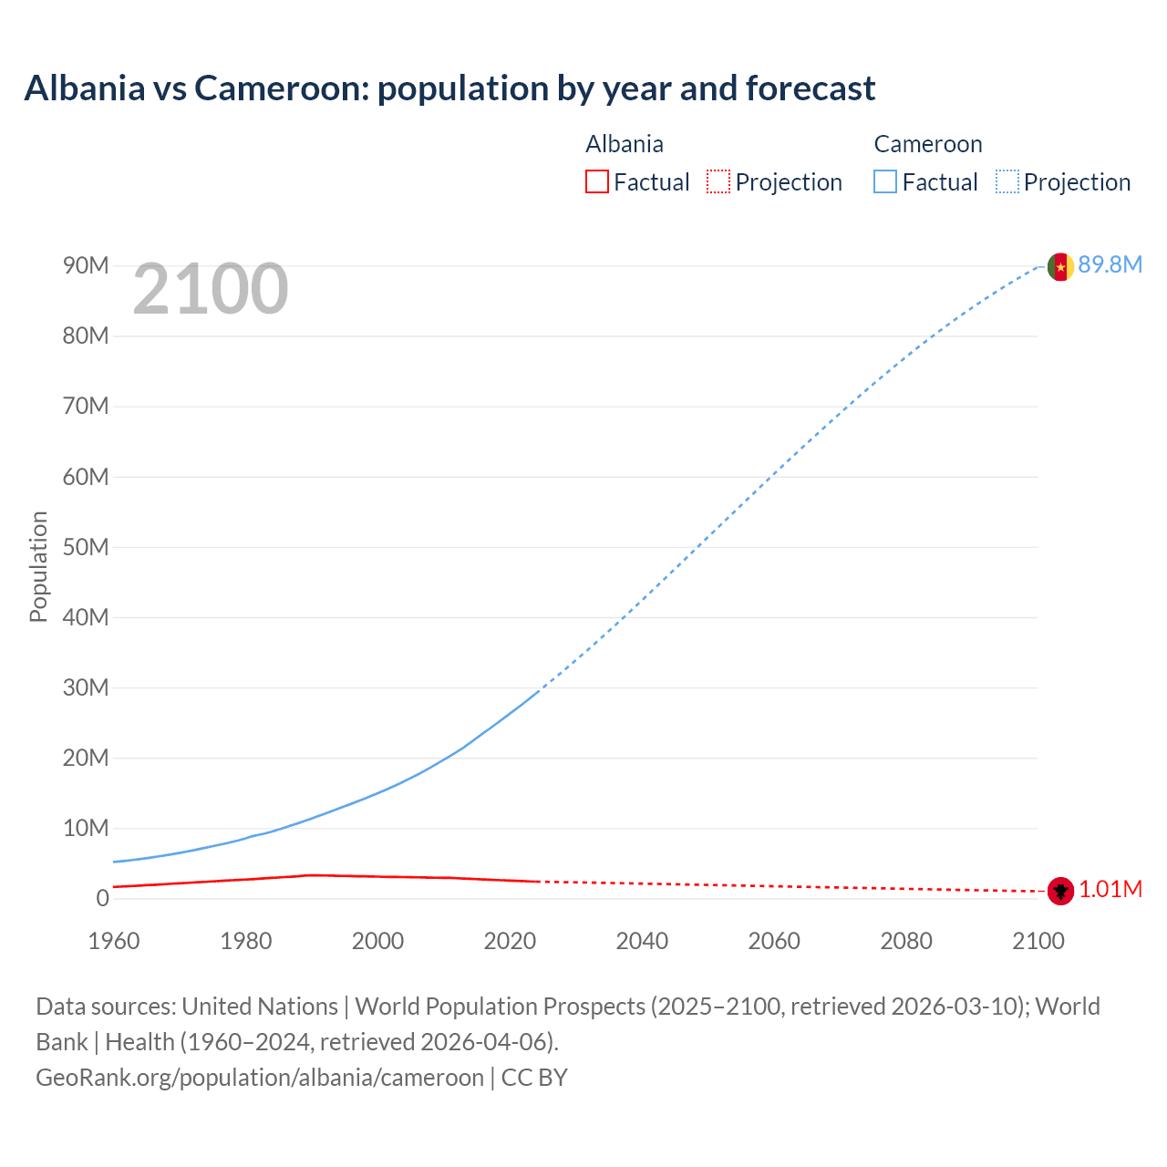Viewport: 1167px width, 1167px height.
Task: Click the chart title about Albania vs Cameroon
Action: click(449, 88)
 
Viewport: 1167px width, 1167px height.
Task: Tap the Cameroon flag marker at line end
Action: click(1059, 266)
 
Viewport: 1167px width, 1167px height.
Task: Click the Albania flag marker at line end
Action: click(1059, 891)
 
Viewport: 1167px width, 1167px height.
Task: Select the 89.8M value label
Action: click(1110, 264)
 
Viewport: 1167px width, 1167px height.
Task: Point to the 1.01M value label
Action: click(1110, 889)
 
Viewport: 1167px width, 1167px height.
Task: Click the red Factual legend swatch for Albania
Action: click(597, 182)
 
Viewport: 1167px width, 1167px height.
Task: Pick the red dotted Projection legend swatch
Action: click(718, 182)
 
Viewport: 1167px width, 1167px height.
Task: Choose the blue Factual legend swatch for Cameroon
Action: click(885, 182)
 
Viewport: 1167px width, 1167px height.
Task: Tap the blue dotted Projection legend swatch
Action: click(1007, 182)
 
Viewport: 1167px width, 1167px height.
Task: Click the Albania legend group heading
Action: click(625, 144)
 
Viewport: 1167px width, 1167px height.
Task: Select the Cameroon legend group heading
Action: click(928, 144)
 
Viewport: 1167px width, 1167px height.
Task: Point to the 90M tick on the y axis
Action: click(86, 265)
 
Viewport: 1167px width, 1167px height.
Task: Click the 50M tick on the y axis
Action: click(86, 547)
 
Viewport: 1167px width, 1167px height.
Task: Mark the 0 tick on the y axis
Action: click(102, 898)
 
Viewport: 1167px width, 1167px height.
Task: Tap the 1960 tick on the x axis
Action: click(114, 941)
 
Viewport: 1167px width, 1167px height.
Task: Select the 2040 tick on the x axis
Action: click(642, 941)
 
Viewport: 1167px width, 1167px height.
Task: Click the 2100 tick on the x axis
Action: click(1038, 941)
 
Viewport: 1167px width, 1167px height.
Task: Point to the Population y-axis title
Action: click(38, 566)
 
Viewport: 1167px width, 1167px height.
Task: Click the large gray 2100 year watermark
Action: click(211, 290)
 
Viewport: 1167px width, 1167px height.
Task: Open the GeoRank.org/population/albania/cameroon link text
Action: click(260, 1078)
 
